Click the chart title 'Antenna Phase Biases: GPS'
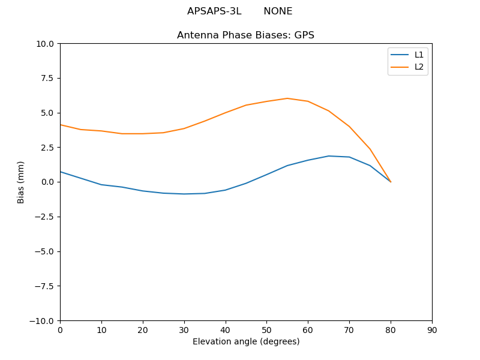tap(245, 35)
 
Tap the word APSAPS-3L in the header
tap(214, 11)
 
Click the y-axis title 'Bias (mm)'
tap(21, 182)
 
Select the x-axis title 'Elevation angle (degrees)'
tap(246, 341)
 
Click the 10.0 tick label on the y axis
tap(45, 44)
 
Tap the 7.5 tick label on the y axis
tap(47, 79)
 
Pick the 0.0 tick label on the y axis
tap(47, 182)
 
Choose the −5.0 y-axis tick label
tap(44, 251)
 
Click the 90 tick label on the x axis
tap(432, 330)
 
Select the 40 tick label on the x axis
tap(226, 330)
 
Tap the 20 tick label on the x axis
tap(143, 330)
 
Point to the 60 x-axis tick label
tap(308, 330)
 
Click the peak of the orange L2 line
tap(287, 98)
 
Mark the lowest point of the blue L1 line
tap(184, 194)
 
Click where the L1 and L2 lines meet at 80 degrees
tap(391, 182)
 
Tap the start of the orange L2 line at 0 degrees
tap(60, 125)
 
